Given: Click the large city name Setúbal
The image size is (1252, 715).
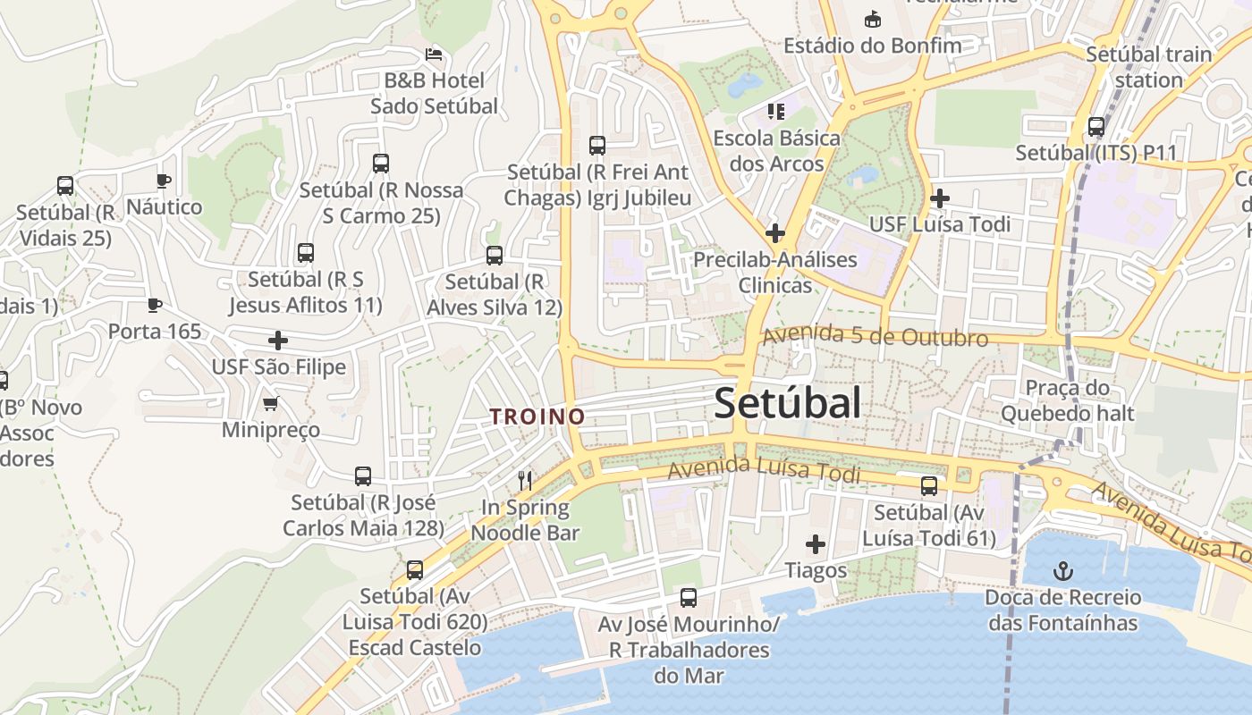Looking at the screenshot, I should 788,403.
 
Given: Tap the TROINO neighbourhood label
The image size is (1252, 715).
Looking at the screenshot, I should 537,416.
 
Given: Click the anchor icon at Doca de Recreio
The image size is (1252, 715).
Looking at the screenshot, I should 1063,570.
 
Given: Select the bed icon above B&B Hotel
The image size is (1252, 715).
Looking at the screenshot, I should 434,55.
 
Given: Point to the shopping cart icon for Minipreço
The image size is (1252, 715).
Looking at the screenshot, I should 271,404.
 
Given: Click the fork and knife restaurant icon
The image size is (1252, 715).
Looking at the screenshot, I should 525,481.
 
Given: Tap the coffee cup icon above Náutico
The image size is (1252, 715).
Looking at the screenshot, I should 164,181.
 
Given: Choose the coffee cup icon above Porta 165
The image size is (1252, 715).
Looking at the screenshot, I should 155,306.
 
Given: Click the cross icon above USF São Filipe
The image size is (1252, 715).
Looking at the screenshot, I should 278,341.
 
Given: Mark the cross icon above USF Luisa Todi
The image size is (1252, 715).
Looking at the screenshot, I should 940,198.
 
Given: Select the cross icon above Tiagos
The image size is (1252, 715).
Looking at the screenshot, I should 816,544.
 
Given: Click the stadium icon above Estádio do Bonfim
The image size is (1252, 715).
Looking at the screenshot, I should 872,19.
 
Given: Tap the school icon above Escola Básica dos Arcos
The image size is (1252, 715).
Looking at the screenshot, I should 775,112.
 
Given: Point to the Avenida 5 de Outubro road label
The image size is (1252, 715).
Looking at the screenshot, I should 875,337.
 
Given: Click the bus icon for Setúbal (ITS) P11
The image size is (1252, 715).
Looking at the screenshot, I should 1096,127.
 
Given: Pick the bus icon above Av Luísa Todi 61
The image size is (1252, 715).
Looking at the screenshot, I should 929,486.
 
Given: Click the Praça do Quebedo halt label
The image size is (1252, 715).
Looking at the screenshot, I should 1067,400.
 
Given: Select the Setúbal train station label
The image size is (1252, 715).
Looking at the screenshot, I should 1148,67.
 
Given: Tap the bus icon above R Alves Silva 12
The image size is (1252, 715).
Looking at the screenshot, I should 495,256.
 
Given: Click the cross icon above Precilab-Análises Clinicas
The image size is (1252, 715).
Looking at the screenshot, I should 775,234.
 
